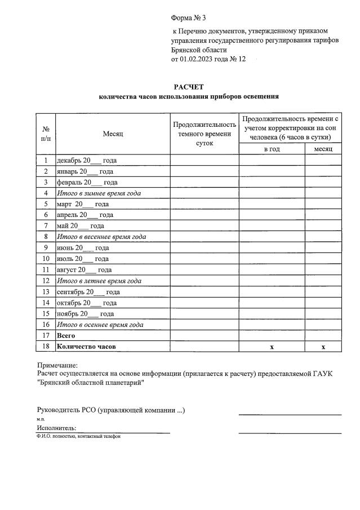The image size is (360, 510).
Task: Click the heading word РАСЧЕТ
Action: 188,86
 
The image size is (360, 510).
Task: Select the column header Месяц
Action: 113,134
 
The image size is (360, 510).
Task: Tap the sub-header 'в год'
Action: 272,149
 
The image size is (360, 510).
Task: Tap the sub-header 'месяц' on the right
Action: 323,149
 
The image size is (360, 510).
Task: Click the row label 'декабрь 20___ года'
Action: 87,161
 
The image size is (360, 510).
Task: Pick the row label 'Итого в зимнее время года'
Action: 98,193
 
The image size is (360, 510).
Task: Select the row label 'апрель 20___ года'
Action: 85,215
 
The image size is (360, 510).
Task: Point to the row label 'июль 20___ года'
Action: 83,259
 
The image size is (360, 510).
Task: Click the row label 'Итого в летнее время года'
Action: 99,281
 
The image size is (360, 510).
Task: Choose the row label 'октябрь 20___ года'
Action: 87,303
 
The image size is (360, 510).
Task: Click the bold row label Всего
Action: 66,335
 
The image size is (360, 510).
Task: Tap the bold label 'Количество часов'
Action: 86,347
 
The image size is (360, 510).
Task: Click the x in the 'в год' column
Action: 272,347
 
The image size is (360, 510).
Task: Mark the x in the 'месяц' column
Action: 323,347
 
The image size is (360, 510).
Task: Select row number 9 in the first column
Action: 45,248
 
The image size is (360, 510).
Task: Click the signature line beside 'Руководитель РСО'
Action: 290,414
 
